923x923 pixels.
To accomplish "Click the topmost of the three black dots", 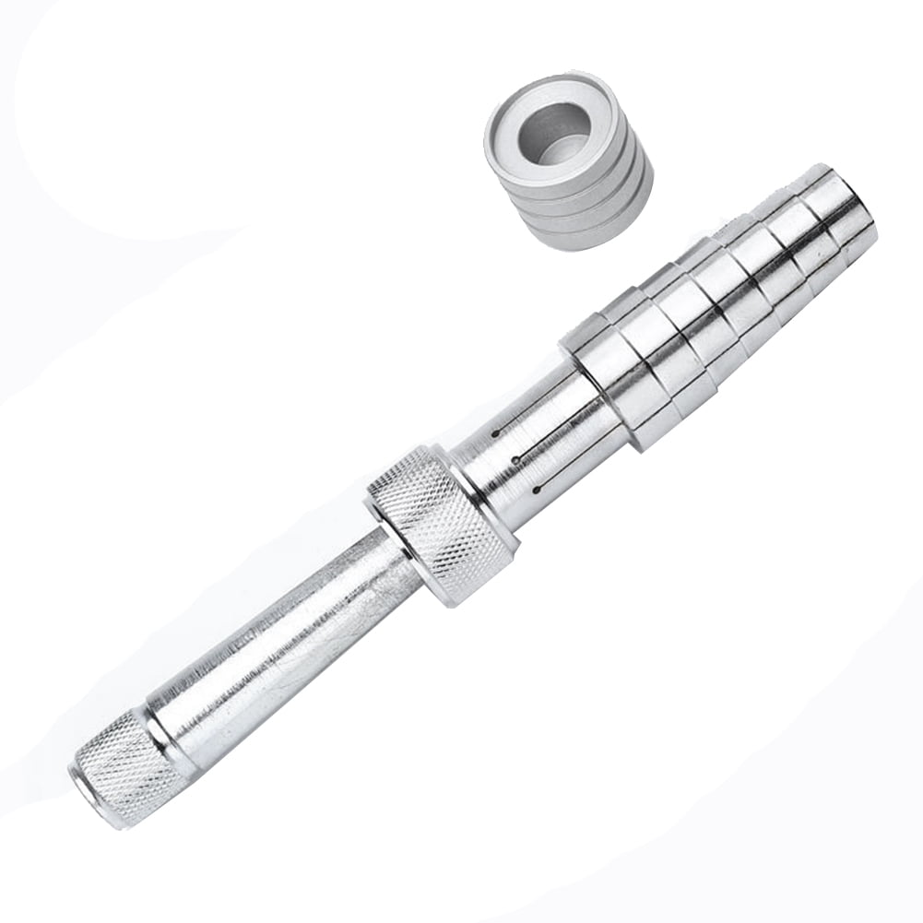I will click(x=496, y=432).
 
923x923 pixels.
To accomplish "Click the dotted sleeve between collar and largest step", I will click(x=535, y=443).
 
